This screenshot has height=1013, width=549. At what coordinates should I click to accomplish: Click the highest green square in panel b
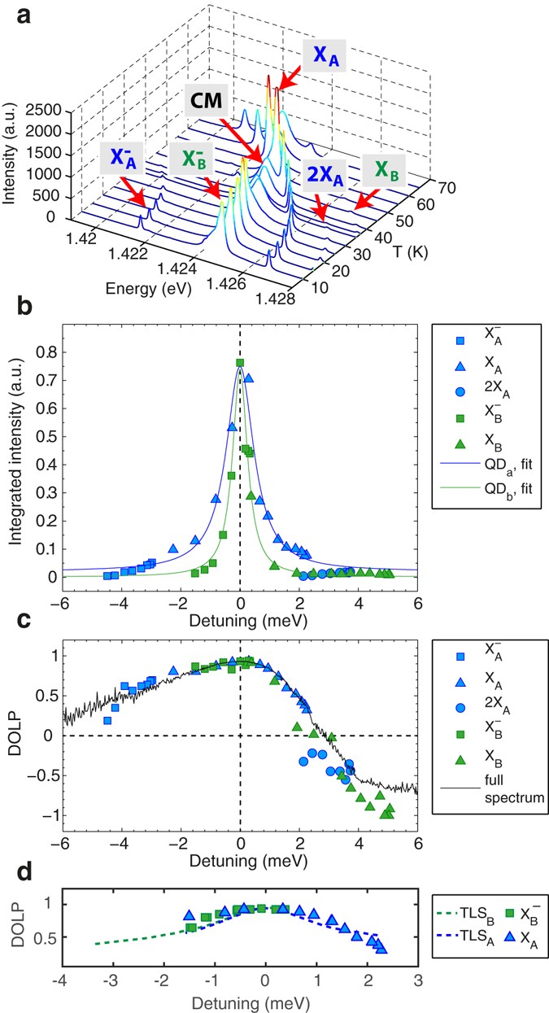pyautogui.click(x=240, y=363)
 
